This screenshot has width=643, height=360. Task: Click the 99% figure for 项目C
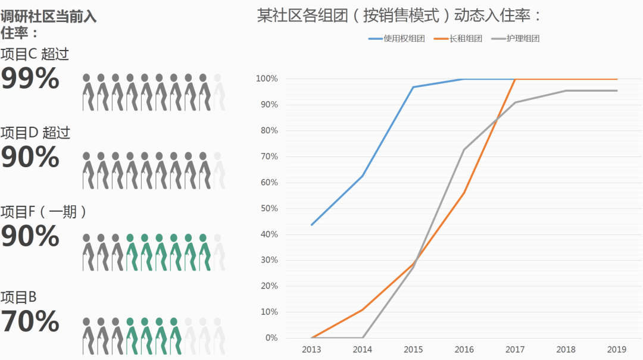(x=30, y=79)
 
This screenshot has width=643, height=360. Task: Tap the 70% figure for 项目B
(x=30, y=321)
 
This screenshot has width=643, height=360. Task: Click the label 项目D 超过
(x=35, y=132)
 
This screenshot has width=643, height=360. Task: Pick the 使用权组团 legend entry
(x=397, y=39)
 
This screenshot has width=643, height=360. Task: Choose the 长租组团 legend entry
(x=458, y=39)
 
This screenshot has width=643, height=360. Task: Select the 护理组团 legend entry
(x=516, y=39)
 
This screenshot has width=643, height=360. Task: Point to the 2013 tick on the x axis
(x=311, y=349)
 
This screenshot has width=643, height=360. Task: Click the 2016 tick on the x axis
(x=464, y=349)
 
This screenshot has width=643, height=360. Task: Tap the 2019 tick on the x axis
(x=616, y=349)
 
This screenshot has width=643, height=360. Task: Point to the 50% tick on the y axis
(x=267, y=208)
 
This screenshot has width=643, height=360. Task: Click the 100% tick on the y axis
(x=266, y=79)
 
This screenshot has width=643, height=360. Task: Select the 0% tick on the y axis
(x=270, y=338)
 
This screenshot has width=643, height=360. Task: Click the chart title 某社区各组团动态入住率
(x=399, y=15)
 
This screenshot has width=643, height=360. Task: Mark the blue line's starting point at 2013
(x=311, y=224)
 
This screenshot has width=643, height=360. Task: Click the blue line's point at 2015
(x=413, y=87)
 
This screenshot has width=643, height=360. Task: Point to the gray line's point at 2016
(x=464, y=149)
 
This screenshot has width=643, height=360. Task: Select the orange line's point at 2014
(x=362, y=309)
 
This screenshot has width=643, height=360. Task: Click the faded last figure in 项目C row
(x=218, y=92)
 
